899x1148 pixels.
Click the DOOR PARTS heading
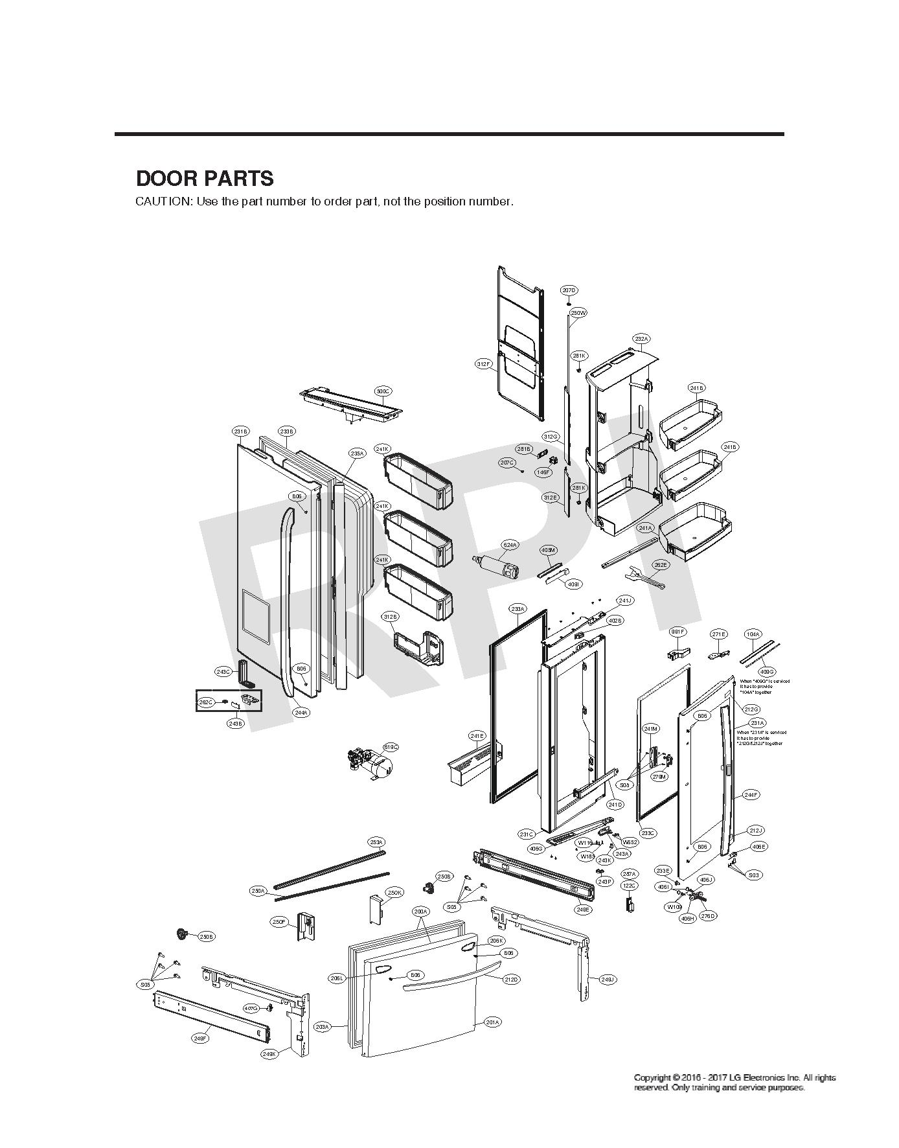point(205,178)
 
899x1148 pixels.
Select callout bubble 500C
point(383,391)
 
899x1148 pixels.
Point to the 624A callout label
point(510,545)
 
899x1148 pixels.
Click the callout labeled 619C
point(391,747)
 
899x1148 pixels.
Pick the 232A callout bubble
point(641,339)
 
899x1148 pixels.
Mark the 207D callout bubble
point(569,290)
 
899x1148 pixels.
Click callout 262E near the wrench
point(661,565)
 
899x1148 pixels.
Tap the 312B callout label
point(390,616)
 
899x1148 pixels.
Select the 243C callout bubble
point(223,672)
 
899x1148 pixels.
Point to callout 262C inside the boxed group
point(206,702)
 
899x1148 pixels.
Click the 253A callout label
point(376,842)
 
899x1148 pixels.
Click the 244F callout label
point(751,795)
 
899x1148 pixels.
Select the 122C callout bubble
point(629,885)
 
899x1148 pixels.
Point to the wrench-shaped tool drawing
point(645,579)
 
